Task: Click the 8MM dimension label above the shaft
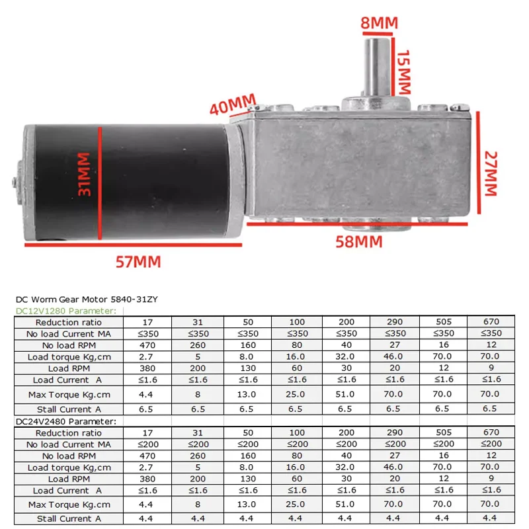pyautogui.click(x=379, y=24)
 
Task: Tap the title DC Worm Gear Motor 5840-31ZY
pyautogui.click(x=86, y=300)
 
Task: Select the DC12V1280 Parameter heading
pyautogui.click(x=65, y=311)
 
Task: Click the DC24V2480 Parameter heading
pyautogui.click(x=65, y=421)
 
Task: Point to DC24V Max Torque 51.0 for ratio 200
pyautogui.click(x=346, y=505)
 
